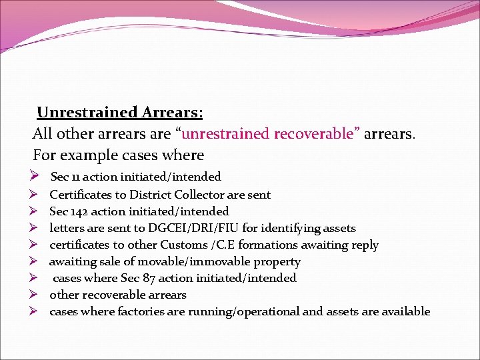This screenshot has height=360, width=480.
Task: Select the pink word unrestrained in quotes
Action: click(x=225, y=134)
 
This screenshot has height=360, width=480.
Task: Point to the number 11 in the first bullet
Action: click(x=74, y=177)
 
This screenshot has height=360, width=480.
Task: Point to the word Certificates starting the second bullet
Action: click(x=80, y=195)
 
